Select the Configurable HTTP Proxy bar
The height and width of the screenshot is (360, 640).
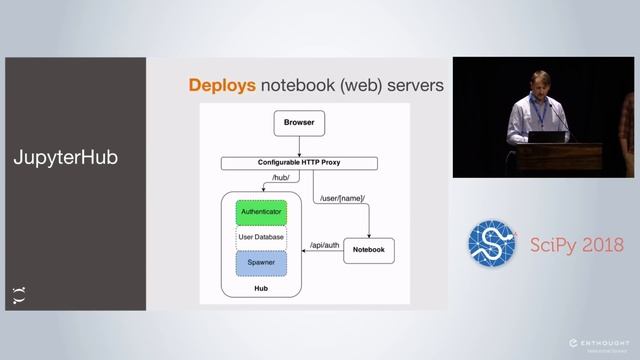pos(299,162)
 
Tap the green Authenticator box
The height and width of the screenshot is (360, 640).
pos(261,212)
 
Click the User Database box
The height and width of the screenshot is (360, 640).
pos(261,237)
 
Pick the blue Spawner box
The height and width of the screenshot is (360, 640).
pos(261,263)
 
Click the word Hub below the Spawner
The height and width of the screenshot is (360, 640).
pos(261,289)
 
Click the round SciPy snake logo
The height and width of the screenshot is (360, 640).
pos(492,243)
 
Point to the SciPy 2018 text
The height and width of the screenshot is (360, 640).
pos(576,245)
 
